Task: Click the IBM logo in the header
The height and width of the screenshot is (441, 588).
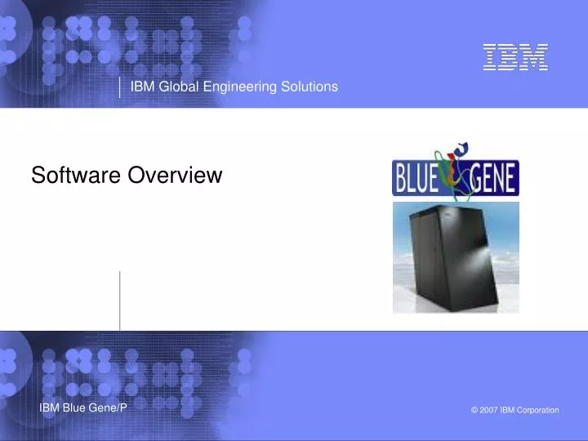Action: (514, 56)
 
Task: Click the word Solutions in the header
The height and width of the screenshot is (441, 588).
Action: (309, 87)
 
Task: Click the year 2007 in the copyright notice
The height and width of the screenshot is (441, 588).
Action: (489, 410)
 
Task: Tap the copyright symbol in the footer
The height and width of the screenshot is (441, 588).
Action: (474, 410)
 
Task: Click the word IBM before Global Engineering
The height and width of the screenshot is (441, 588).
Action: (143, 87)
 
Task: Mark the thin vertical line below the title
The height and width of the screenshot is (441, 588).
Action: (120, 301)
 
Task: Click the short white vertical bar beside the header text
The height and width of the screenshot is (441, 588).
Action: (120, 87)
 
